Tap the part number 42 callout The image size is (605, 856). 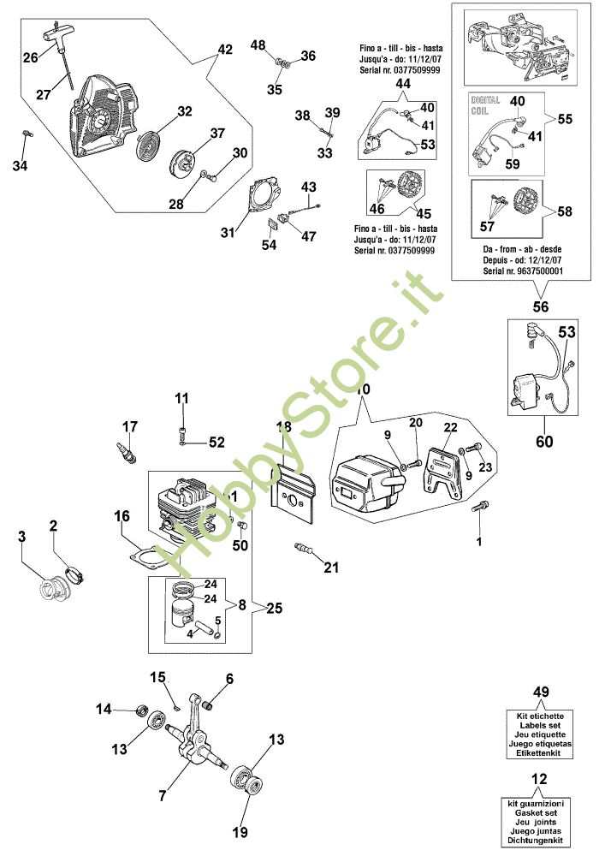click(x=225, y=50)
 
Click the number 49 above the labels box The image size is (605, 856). click(x=542, y=692)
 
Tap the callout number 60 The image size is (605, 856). click(x=543, y=442)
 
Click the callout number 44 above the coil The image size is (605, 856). click(x=402, y=84)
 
